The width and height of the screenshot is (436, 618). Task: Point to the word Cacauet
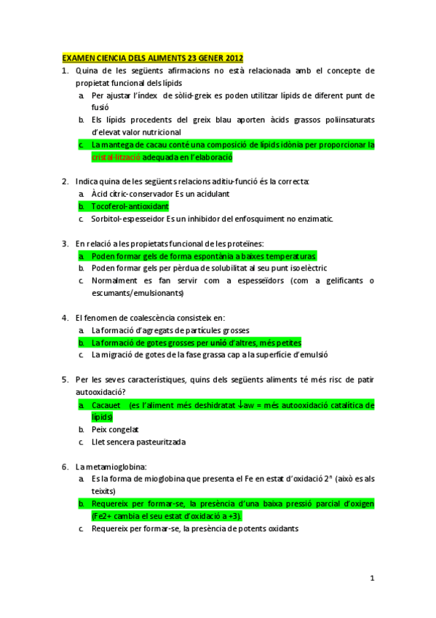106,405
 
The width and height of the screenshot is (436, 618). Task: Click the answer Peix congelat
115,430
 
